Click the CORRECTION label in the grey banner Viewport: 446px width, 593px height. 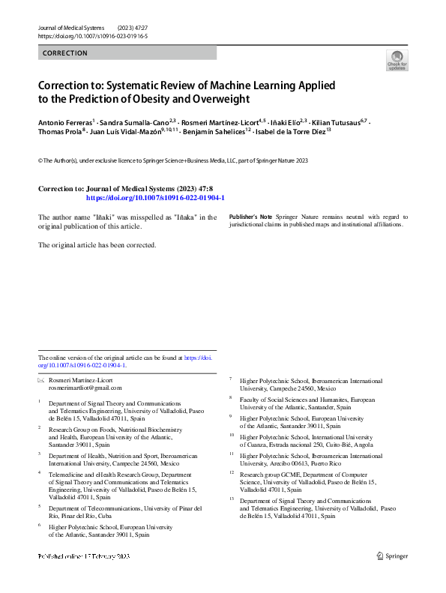(x=65, y=53)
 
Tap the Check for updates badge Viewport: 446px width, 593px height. (x=397, y=60)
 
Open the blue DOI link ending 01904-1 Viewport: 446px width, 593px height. (x=155, y=198)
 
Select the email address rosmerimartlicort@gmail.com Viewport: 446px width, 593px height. (x=85, y=388)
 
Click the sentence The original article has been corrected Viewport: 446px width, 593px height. (x=97, y=244)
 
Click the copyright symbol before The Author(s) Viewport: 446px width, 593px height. (x=40, y=160)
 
